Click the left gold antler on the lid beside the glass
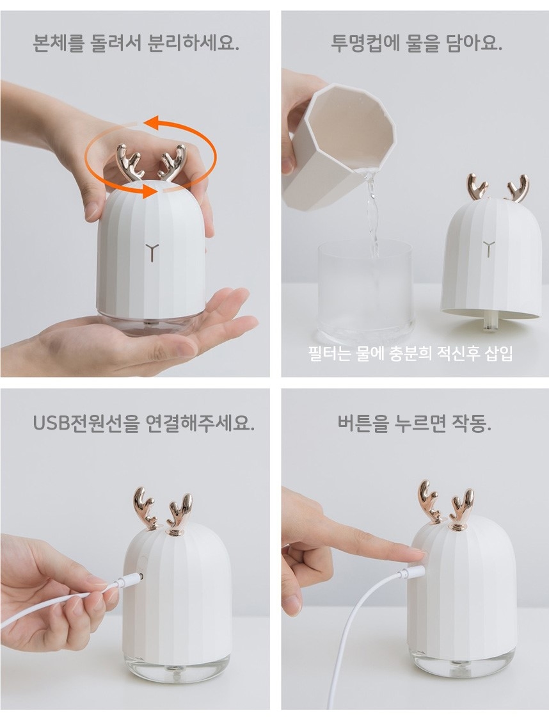pos(477,188)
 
